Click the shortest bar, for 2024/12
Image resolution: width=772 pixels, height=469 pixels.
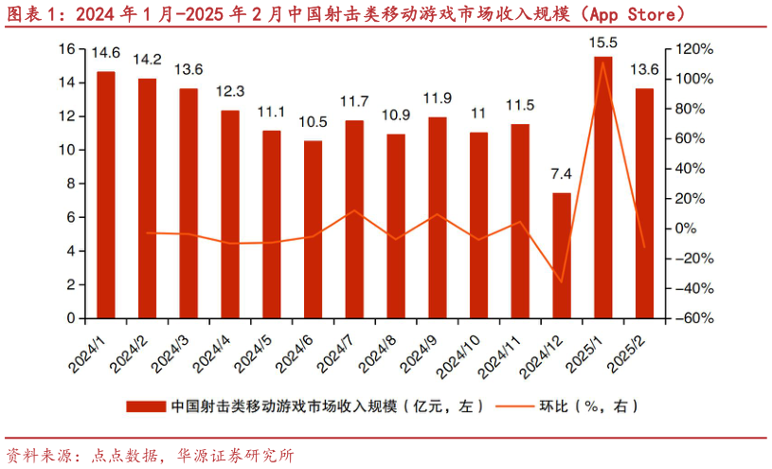[562, 256]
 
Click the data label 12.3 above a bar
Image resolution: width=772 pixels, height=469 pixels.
[230, 92]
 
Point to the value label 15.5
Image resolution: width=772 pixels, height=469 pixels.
[603, 43]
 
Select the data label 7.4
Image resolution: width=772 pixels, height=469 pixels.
[562, 173]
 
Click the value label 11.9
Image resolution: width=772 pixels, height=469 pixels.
[438, 98]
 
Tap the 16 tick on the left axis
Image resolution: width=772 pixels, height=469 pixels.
[65, 49]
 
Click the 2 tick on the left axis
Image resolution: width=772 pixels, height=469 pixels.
[70, 284]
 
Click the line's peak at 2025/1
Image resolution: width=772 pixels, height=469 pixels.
[603, 63]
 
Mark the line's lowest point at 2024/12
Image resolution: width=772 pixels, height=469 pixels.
[562, 281]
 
